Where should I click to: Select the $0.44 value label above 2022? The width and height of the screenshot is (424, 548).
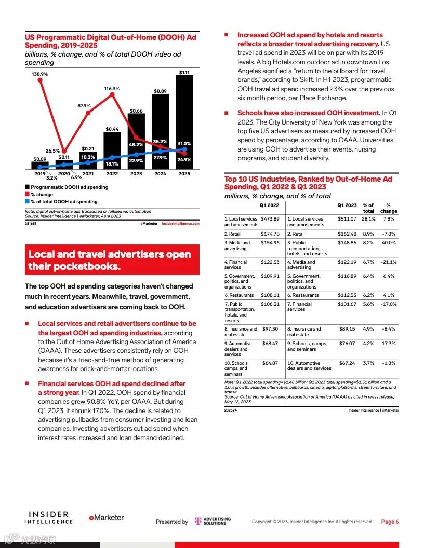coord(112,129)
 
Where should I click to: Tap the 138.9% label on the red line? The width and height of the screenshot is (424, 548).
coord(39,74)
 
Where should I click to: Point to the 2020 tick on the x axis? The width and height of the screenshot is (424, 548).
coord(64,174)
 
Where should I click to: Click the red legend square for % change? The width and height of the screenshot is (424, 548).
coord(27,195)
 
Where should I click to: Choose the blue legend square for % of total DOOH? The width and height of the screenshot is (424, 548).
coord(27,202)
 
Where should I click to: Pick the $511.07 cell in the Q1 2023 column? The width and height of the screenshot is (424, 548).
coord(347,219)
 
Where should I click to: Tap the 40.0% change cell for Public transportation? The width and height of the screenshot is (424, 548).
coord(388,243)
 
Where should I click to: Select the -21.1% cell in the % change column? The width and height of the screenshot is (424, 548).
coord(388,262)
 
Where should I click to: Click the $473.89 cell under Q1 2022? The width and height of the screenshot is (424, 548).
coord(270,219)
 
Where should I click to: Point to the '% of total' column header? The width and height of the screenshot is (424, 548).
coord(368,208)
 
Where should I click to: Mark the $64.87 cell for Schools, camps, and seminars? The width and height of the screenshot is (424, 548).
coord(270,363)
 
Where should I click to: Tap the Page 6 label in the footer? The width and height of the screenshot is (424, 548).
coord(390,522)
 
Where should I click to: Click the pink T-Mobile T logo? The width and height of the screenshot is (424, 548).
coord(197,521)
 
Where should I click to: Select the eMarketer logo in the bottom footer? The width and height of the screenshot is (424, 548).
coord(106,518)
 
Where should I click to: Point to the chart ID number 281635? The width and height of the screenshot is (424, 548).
coord(31,224)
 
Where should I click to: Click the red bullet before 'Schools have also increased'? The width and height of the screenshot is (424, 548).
coord(226,113)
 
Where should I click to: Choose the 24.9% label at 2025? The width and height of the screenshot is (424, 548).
coord(184,160)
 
